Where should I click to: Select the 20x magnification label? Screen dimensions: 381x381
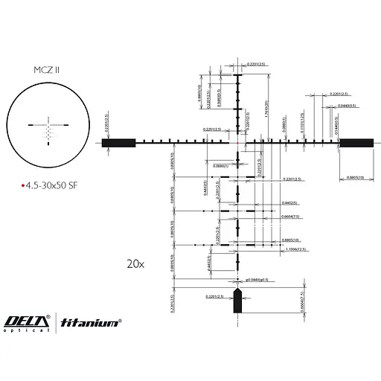click(x=135, y=263)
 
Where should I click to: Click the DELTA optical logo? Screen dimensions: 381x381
click(x=26, y=322)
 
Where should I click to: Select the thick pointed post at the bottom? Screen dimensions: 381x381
click(x=239, y=301)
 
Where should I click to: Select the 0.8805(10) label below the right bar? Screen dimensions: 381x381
click(x=356, y=177)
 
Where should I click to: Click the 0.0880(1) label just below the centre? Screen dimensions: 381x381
click(x=222, y=165)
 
